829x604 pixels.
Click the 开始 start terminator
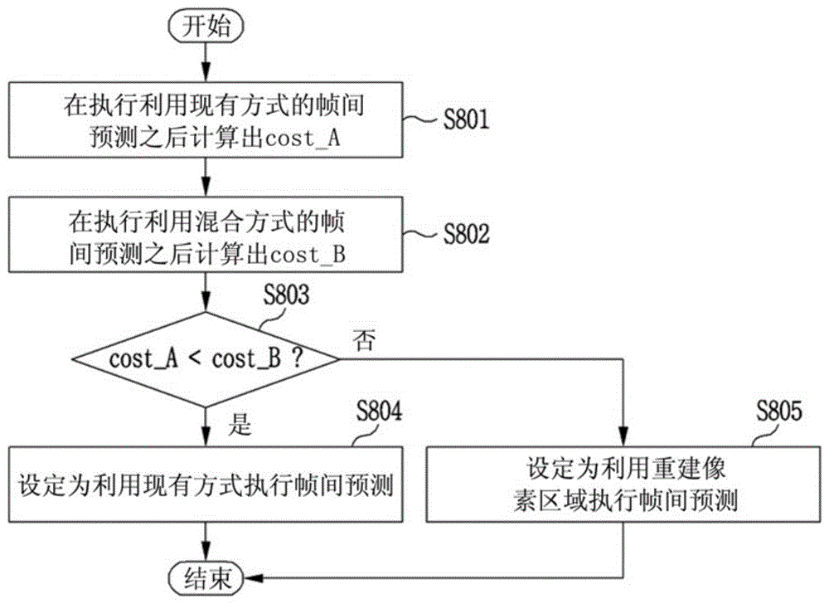(206, 26)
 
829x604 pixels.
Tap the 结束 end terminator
(206, 578)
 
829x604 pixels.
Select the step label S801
(466, 119)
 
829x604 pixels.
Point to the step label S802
(466, 233)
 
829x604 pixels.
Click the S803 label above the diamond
(286, 295)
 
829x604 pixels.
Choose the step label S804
(379, 411)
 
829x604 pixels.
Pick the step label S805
(778, 411)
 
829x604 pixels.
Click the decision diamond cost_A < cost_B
(206, 359)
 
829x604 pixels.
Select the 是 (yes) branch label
(240, 424)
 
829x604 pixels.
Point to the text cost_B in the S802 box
(308, 255)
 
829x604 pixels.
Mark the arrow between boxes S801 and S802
(206, 178)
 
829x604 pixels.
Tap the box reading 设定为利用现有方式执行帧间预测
(206, 485)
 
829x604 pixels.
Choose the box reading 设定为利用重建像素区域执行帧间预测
(624, 485)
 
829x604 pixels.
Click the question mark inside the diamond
(298, 359)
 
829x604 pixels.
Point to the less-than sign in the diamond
(194, 359)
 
